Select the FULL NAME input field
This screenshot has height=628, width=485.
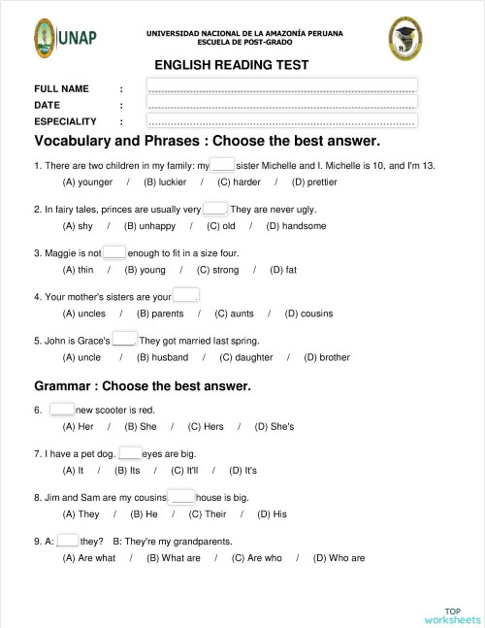tap(281, 87)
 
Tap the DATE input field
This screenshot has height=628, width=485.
tap(281, 104)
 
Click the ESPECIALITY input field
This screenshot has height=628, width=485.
tap(281, 121)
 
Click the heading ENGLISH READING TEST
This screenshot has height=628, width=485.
tap(232, 65)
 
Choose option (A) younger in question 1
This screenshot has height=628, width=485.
tap(87, 182)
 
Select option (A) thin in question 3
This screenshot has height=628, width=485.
tap(79, 270)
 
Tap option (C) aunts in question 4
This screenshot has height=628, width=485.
tap(234, 314)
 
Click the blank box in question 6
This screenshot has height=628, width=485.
tap(62, 409)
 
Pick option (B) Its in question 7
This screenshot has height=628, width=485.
tap(127, 470)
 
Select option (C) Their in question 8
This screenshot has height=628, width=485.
tap(207, 513)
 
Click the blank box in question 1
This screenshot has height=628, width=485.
tap(222, 165)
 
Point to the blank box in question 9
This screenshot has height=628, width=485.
tap(68, 541)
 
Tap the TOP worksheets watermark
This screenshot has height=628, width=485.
tap(452, 614)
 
